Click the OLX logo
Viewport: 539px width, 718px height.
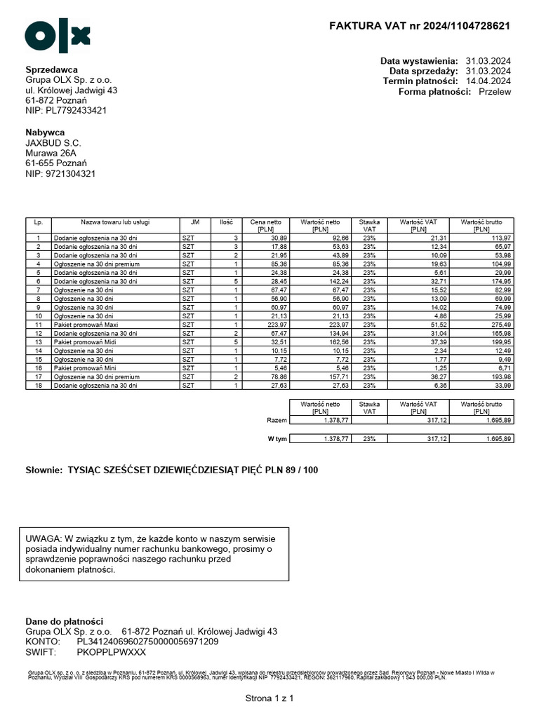coord(58,36)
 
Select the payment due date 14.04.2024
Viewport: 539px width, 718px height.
coord(488,81)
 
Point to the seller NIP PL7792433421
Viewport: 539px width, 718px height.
coord(66,111)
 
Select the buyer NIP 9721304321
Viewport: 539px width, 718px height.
coord(60,173)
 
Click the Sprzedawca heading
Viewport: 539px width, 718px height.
coord(51,69)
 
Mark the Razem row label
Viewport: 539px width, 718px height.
coord(277,419)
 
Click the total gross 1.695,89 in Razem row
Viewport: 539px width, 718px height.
coord(495,419)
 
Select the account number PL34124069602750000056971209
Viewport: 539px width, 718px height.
coord(147,641)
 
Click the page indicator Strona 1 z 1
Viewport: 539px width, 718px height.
coord(269,698)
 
